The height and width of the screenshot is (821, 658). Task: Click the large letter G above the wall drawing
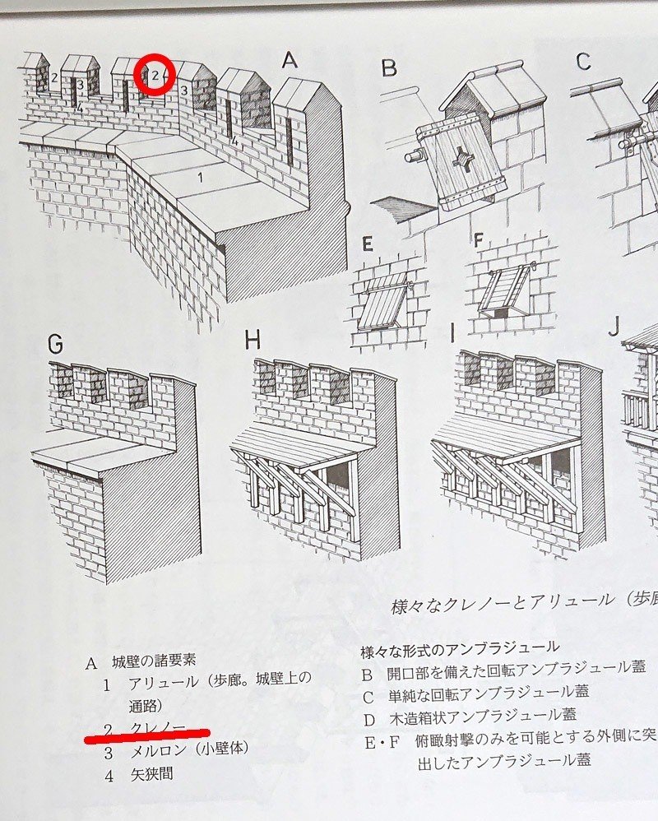coord(55,345)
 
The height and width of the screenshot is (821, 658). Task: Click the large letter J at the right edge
coord(613,327)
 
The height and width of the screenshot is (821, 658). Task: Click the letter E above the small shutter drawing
coord(367,244)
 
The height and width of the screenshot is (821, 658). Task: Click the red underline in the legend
coord(147,732)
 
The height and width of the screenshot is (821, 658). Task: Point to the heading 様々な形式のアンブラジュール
coord(460,647)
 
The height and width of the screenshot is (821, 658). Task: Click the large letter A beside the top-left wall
coord(289,60)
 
